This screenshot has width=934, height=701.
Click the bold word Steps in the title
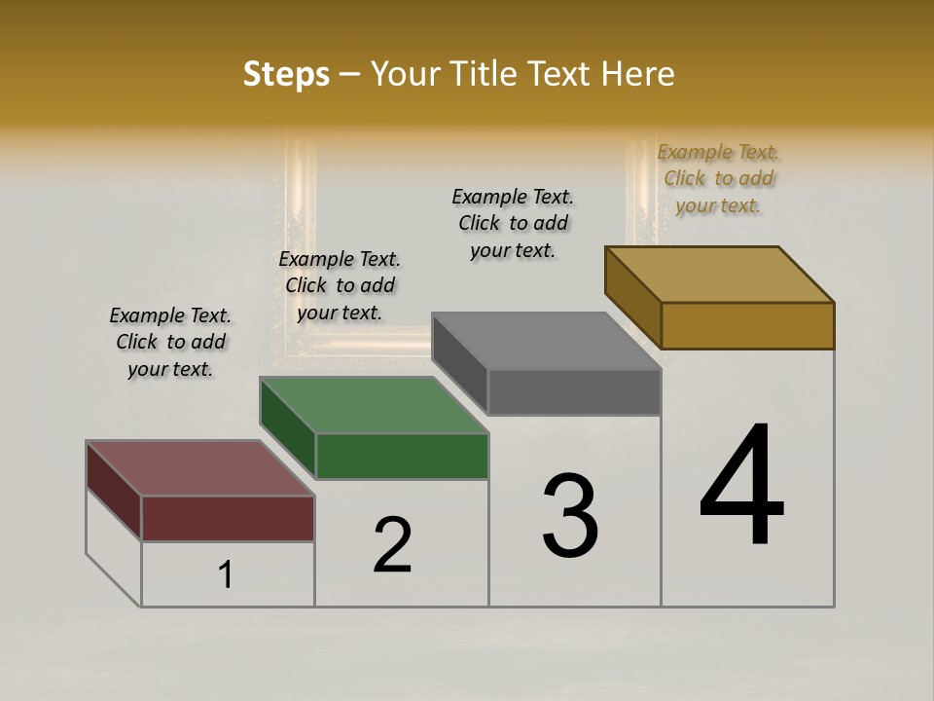(286, 74)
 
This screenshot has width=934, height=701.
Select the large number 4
(741, 486)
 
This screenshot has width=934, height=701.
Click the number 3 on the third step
(570, 516)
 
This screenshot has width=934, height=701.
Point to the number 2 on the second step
(393, 544)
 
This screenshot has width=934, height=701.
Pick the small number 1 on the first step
(226, 574)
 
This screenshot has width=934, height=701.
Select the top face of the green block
(375, 405)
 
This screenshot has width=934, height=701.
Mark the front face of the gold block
(747, 325)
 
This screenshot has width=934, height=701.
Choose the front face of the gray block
(574, 391)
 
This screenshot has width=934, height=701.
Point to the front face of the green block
(402, 456)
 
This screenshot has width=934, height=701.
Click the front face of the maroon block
(228, 518)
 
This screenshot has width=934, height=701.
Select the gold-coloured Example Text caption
(718, 178)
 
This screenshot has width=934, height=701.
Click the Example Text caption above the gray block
(513, 223)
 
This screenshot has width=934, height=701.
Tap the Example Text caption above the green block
(340, 285)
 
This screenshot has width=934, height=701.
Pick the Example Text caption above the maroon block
(170, 342)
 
